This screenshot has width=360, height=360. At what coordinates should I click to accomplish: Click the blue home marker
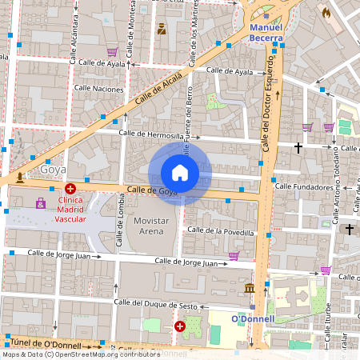pos(180,172)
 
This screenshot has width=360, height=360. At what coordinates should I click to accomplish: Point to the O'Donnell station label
pos(253,318)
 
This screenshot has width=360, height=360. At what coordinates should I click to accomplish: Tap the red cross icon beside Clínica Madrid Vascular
pos(70,188)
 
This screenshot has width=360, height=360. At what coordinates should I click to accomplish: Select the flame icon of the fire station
pos(325,13)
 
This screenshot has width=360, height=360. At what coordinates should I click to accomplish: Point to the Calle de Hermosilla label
pos(150,134)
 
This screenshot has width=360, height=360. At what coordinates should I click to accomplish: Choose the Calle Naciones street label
pos(98,88)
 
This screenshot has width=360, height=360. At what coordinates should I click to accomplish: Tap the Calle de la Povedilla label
pos(220,231)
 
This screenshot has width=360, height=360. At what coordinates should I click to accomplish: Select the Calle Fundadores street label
pos(303,186)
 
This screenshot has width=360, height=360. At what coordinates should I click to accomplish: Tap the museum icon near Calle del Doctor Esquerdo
pos(250,287)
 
